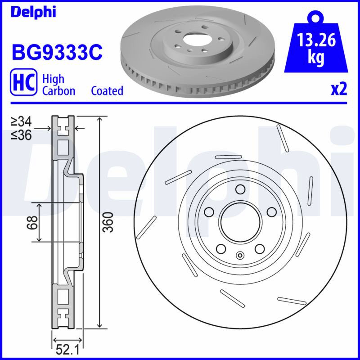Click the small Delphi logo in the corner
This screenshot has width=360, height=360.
(33, 12)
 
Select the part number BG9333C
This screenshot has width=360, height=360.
(57, 52)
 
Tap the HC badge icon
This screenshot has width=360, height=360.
(23, 82)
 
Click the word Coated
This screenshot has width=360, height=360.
(107, 91)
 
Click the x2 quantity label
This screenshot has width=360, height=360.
(339, 89)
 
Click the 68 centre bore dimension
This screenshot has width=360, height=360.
(32, 222)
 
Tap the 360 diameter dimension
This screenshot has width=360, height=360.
(108, 222)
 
